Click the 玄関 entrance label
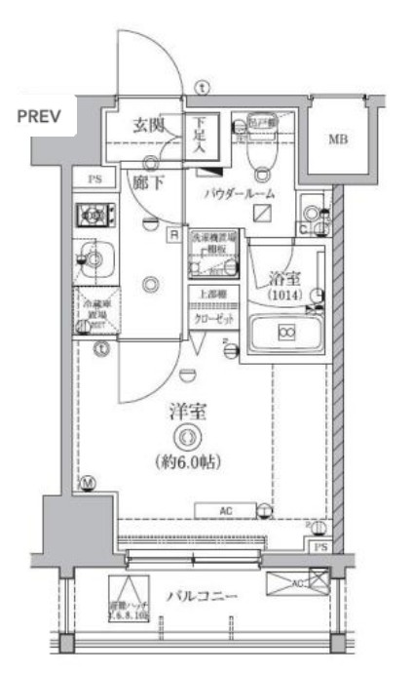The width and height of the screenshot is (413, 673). click(x=152, y=125)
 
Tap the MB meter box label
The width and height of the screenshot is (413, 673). click(x=336, y=139)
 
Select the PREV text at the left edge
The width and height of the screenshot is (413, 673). click(x=39, y=117)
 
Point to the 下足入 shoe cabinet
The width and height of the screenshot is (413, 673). click(x=199, y=136)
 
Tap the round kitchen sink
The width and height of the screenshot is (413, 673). click(x=95, y=258)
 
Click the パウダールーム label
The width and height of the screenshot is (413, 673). click(x=240, y=193)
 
